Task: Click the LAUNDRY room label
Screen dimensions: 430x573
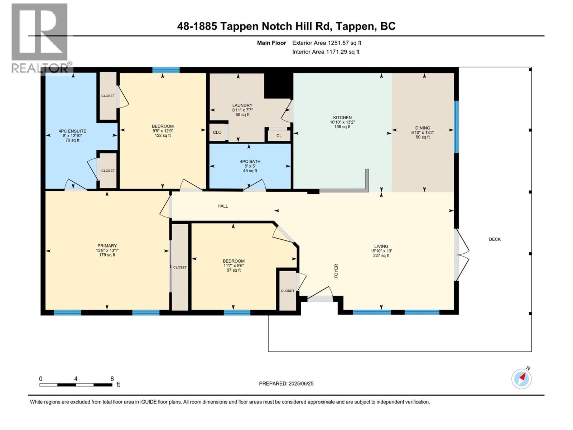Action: point(242,106)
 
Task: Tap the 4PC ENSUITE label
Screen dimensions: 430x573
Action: point(72,131)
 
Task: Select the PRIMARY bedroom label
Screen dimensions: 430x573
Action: point(107,246)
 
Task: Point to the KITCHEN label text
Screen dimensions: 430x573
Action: point(342,118)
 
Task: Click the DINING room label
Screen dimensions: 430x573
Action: point(423,128)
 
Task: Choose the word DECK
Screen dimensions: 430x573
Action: point(495,239)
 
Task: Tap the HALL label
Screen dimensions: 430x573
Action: point(223,206)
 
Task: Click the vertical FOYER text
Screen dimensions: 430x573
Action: point(336,271)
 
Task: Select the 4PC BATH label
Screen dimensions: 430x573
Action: point(250,162)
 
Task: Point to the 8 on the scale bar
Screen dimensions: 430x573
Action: point(112,379)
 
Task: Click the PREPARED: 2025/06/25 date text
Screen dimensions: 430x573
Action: point(286,383)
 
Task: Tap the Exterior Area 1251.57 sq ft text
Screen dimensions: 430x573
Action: point(327,43)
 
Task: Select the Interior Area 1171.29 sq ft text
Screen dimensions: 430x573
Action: point(326,52)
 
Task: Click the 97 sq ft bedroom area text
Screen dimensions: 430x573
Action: point(233,270)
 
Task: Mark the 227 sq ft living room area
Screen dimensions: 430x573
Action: point(381,255)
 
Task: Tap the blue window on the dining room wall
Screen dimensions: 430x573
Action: point(456,127)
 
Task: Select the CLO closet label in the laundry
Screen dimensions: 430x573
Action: point(217,132)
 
